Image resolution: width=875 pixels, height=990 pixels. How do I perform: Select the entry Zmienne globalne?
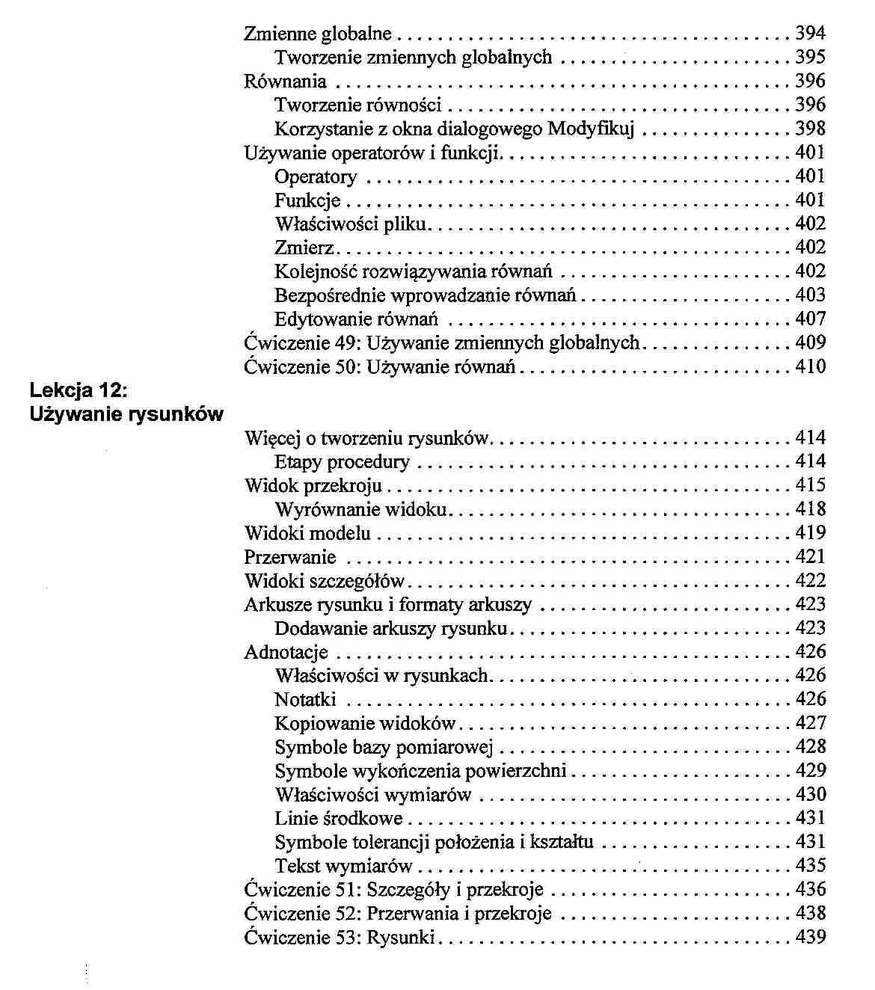point(318,34)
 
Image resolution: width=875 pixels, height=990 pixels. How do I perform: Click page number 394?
point(810,34)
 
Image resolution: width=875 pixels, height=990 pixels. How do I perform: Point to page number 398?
point(810,129)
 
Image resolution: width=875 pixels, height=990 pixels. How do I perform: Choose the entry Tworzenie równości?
point(357,105)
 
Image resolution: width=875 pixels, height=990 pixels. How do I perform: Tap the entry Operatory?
point(316,177)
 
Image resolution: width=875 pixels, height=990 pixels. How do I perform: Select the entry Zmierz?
point(304,248)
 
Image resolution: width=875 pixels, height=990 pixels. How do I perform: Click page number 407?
point(810,319)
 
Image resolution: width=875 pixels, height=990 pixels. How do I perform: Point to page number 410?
point(810,367)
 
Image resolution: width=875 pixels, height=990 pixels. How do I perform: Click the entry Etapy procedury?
point(342,462)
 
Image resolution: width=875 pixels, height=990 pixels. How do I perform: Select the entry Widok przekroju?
point(313,486)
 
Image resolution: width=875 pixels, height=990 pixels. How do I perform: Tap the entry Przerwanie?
point(290,558)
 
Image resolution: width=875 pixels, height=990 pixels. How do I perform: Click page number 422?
point(810,581)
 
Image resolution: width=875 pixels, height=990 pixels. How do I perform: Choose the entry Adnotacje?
point(286,653)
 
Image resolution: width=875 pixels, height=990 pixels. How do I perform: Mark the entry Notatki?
point(305,700)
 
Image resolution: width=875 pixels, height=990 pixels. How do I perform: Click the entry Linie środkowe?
point(339,819)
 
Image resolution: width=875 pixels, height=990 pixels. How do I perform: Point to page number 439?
point(810,938)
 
